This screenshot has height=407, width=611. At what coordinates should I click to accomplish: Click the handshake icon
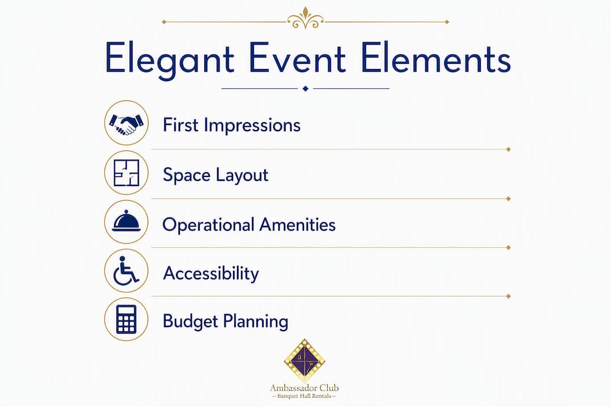pos(126,123)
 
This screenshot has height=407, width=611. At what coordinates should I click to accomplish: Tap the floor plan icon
pos(126,172)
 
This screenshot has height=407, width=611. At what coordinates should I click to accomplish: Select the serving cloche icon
pos(126,221)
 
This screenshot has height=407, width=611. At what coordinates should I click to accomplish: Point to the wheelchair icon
pos(126,271)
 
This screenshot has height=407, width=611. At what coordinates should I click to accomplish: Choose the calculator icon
pos(126,319)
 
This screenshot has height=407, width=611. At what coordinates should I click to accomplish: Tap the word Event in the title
pos(298,58)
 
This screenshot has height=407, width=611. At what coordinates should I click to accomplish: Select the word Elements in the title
pos(436,58)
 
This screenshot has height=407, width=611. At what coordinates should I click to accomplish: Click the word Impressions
pos(252,126)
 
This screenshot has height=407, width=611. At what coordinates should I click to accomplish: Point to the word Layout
pos(242,175)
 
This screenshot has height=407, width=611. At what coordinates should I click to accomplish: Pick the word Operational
pos(208,225)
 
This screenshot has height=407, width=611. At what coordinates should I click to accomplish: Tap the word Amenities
pos(298,225)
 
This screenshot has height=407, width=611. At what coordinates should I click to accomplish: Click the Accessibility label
pos(211,274)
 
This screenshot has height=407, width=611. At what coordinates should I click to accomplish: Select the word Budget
pos(191,322)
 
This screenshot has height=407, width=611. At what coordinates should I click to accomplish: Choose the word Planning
pos(256,322)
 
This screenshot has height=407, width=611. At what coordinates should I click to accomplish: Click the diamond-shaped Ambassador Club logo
pos(304,361)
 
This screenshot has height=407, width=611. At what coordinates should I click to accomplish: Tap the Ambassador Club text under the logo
pos(304,388)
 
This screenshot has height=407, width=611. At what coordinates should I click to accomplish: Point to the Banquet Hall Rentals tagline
pos(304,396)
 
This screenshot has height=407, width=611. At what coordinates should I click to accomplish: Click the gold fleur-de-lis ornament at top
pos(305,18)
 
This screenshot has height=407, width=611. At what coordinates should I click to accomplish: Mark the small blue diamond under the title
pos(305,89)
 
